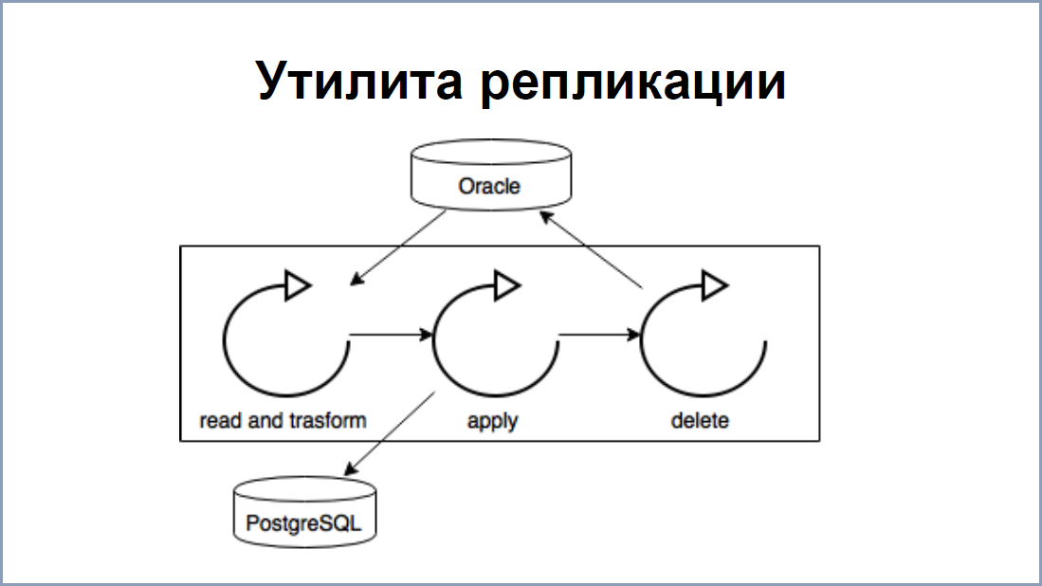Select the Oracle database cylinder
[489, 179]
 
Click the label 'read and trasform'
[283, 420]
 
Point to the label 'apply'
[493, 420]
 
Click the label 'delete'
[700, 420]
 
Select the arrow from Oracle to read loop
[398, 247]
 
